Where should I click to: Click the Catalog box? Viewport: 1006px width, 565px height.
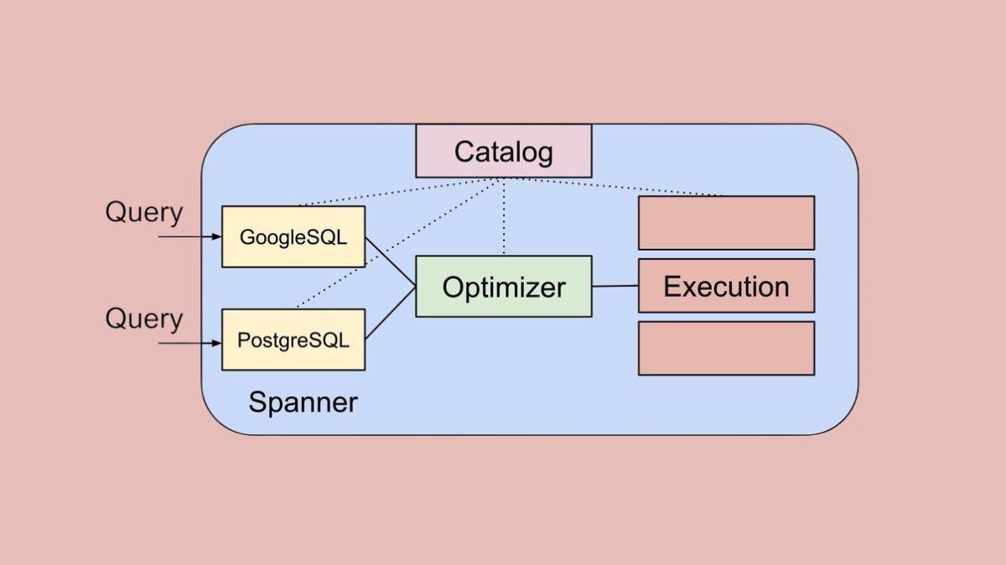[503, 151]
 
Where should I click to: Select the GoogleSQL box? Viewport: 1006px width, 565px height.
[293, 236]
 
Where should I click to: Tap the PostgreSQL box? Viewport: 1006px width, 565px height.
[293, 340]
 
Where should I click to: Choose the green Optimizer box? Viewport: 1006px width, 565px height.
[504, 287]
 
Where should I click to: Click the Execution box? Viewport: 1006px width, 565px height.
[726, 286]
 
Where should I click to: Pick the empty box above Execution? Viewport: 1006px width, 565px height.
[726, 223]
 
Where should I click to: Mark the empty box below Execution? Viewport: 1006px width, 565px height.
[726, 348]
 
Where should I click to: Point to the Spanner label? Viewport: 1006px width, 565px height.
[303, 403]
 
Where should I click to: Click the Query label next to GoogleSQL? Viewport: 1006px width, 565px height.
[143, 213]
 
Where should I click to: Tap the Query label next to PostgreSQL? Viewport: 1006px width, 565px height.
[143, 319]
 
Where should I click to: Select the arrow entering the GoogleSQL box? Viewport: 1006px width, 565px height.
[189, 237]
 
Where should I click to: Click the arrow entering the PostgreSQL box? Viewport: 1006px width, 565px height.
[189, 343]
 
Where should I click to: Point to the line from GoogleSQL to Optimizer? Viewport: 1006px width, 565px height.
[391, 262]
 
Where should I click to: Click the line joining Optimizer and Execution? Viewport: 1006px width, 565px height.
[615, 286]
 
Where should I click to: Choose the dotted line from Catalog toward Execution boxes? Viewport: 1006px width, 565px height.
[620, 186]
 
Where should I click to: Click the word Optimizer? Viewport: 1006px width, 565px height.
[504, 288]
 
